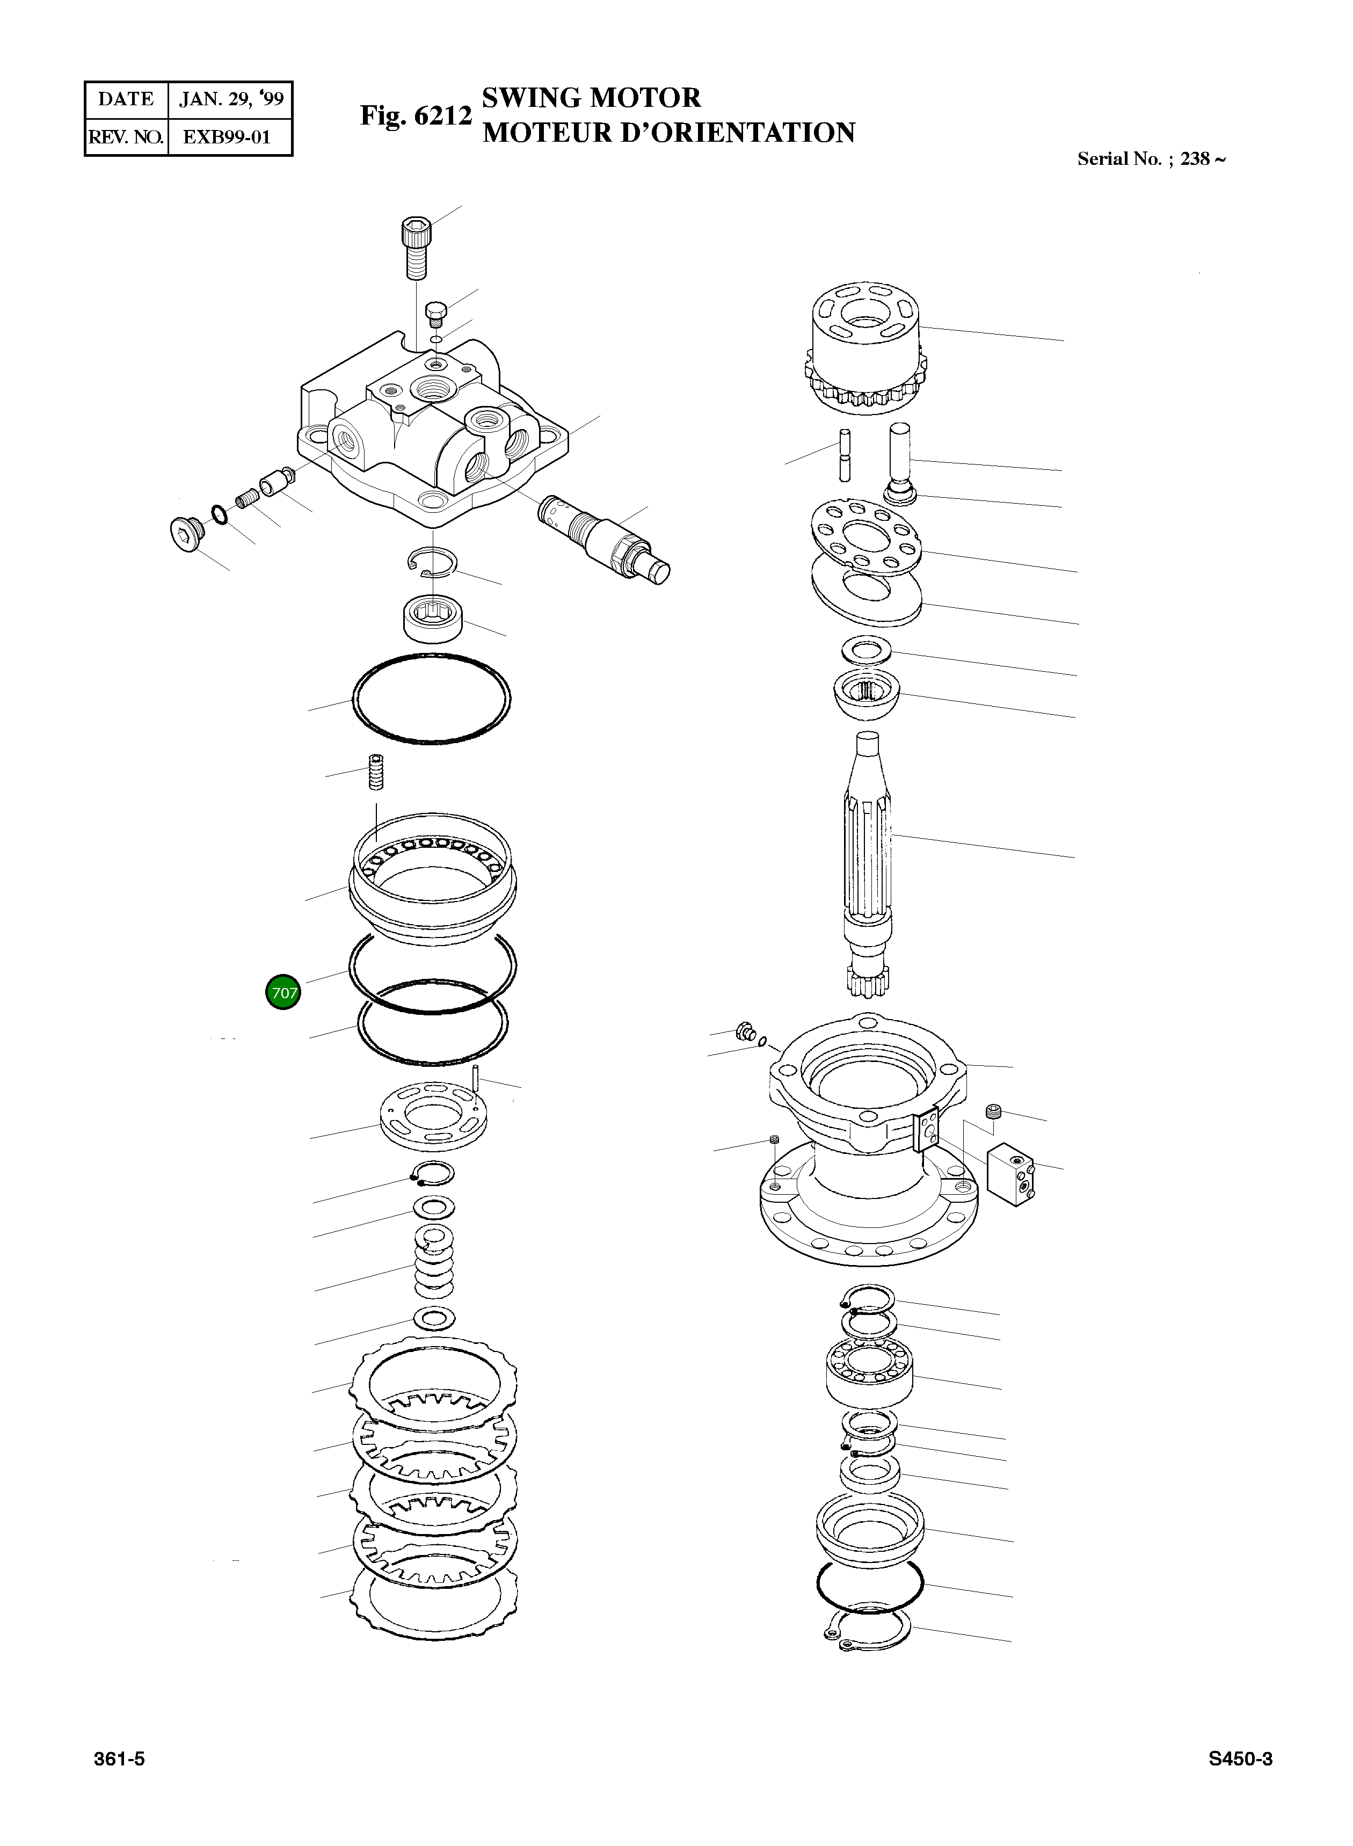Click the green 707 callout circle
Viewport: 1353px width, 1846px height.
283,993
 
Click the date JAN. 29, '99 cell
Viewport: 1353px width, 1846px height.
231,99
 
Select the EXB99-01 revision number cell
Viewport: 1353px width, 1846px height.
227,137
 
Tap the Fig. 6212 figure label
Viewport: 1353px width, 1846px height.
416,115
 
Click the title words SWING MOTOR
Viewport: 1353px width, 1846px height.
591,98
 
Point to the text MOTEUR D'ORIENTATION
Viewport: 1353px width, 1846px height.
668,133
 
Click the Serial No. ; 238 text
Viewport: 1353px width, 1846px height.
1151,159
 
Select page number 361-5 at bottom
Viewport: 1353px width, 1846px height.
120,1758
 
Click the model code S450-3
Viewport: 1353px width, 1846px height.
1240,1758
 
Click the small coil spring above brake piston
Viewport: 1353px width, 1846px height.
376,772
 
